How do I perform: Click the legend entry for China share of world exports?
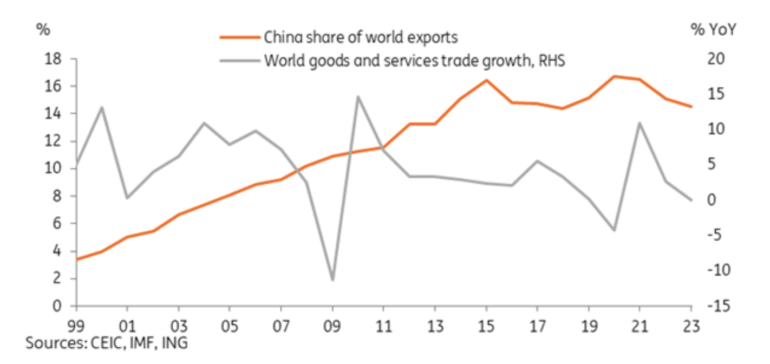361,37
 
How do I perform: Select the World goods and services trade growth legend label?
414,60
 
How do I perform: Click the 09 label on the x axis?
333,327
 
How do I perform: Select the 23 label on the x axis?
691,327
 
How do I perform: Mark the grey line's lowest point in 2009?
332,281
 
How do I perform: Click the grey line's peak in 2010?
358,96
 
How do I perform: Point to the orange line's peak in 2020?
615,76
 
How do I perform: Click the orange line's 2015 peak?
486,80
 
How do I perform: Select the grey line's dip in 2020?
615,230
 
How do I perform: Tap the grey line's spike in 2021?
640,122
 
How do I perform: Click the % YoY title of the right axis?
714,30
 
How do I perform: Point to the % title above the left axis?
43,30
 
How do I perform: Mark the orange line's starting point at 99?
77,259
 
